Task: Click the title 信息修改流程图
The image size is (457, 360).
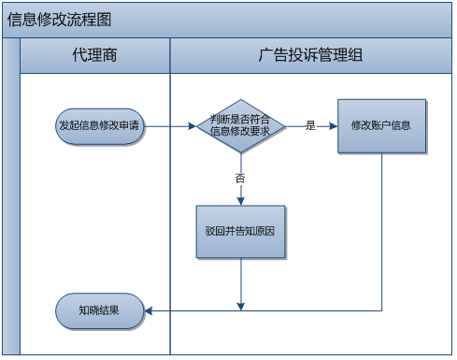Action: click(x=59, y=20)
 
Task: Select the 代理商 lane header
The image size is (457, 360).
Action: click(x=95, y=55)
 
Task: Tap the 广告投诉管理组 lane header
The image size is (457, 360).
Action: click(x=310, y=55)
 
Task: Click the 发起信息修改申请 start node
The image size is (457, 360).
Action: click(x=99, y=125)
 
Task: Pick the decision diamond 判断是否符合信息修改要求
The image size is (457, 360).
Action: click(x=240, y=125)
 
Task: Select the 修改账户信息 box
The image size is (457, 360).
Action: click(x=381, y=125)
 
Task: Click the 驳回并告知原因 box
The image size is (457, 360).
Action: click(x=240, y=231)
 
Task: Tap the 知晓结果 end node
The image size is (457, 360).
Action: click(x=99, y=310)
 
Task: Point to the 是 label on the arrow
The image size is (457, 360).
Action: click(x=310, y=125)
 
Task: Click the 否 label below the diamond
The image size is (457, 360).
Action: click(x=240, y=177)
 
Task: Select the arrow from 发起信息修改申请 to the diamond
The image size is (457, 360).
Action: click(x=168, y=125)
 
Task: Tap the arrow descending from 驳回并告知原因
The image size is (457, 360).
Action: click(x=241, y=281)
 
